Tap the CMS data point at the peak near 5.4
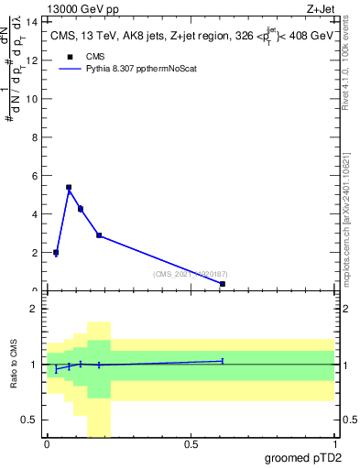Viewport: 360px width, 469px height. [x=69, y=187]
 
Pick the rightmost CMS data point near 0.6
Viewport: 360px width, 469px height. [x=223, y=284]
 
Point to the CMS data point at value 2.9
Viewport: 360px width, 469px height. [x=99, y=235]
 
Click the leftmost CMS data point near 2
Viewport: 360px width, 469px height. [x=56, y=252]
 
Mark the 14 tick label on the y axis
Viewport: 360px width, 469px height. [x=34, y=21]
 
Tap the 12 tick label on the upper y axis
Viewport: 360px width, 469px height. [x=34, y=60]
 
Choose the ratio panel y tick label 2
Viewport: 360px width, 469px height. [x=35, y=310]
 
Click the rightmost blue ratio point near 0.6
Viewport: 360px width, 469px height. [x=223, y=361]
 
